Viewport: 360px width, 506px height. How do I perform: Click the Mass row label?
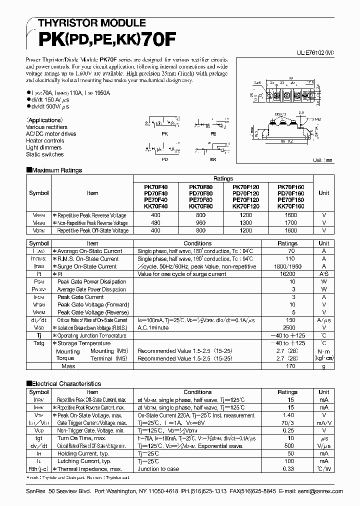68,366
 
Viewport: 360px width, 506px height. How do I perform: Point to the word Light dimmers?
44,147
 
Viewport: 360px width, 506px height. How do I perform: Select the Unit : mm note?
322,160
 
